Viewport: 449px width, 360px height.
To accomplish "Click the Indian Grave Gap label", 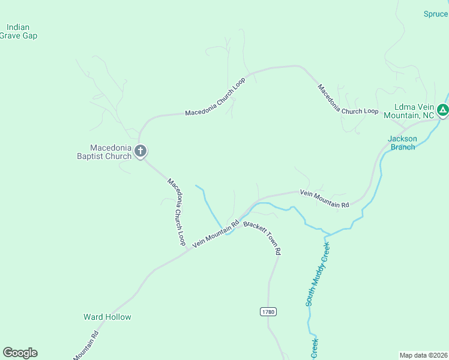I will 22,31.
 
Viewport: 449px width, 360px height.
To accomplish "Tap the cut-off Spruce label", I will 436,14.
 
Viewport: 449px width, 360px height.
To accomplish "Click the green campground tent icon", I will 442,110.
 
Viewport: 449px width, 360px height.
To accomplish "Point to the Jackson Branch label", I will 402,143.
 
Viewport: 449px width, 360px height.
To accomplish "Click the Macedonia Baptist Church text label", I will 110,152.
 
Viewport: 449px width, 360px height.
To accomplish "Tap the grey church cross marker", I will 140,151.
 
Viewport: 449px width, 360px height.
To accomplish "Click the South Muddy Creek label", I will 318,273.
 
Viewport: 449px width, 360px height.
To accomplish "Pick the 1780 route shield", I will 268,311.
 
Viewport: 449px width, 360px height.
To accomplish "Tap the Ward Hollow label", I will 107,317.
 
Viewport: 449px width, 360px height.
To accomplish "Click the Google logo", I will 20,353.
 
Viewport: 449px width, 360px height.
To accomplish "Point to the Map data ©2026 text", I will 423,355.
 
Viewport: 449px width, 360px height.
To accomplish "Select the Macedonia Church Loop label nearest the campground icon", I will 348,99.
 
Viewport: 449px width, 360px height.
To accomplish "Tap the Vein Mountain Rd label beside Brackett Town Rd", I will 215,233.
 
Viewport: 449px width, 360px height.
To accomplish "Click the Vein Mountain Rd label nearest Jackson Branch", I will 324,199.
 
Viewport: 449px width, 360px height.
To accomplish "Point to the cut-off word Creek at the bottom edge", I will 314,349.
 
